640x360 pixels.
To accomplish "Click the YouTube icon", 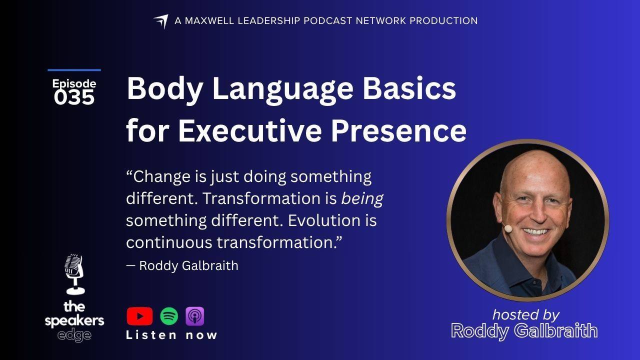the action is pos(139,316).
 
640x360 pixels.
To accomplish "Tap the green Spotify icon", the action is pos(169,316).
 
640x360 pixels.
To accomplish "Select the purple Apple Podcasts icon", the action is pos(195,316).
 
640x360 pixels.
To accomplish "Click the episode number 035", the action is pos(74,97).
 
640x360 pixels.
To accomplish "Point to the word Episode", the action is pos(74,83).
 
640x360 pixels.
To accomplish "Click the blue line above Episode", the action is pos(74,69).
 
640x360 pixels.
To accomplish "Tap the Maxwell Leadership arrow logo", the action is pos(161,21).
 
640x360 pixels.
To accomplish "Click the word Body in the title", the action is pos(165,88).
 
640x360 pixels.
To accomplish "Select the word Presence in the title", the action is pos(399,130).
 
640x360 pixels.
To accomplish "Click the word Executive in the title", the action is pos(249,130).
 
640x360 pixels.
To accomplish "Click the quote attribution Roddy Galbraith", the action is pos(188,265).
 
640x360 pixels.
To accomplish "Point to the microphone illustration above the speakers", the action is pos(74,274).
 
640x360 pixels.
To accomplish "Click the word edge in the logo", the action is pos(74,335).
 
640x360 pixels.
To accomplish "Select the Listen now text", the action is pos(171,335).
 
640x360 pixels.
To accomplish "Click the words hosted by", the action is pos(525,315).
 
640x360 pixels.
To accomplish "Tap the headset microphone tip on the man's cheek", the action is pos(507,228).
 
